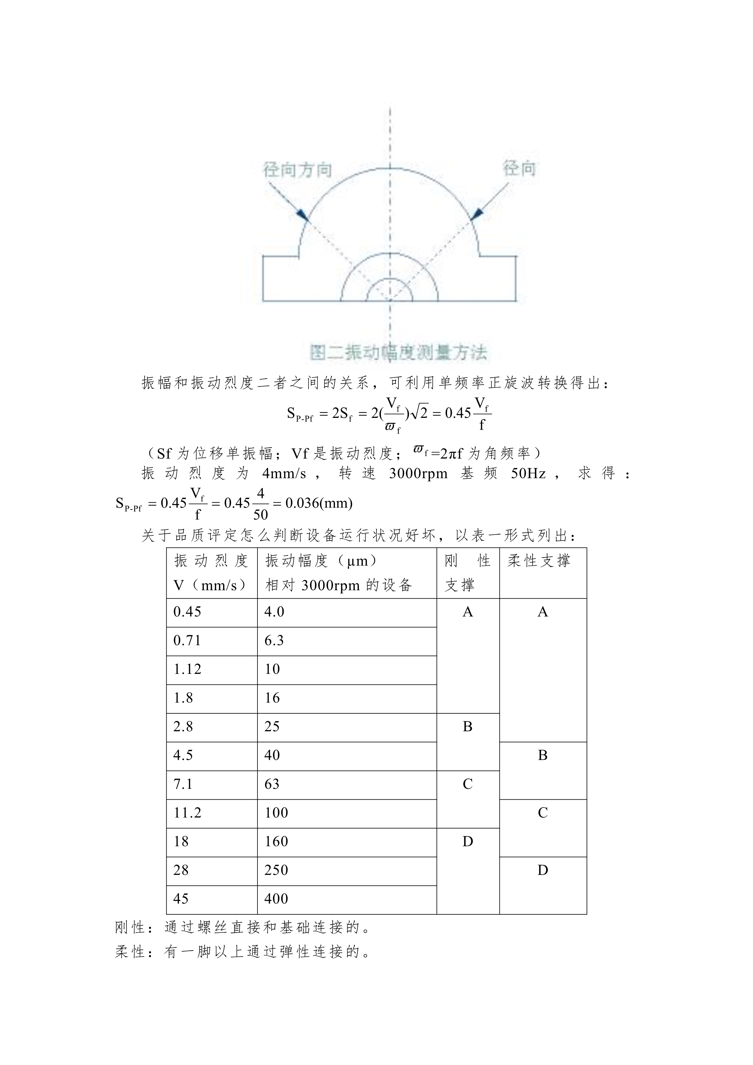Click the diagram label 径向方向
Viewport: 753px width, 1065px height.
coord(297,170)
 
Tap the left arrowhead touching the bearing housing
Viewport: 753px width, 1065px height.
coord(302,215)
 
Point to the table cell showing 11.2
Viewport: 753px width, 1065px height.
coord(187,813)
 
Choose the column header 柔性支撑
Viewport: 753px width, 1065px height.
coord(539,561)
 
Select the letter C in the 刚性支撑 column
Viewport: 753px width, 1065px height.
coord(467,784)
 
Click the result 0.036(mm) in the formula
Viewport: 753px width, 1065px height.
coord(319,503)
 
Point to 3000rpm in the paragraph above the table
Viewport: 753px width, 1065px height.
coord(418,474)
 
